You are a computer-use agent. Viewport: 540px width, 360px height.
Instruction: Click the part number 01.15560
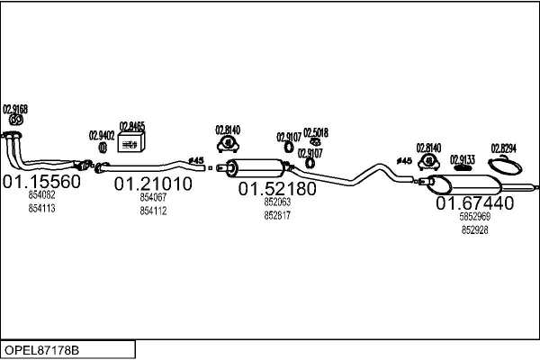point(42,182)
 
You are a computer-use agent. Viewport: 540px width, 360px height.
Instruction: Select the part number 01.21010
point(152,184)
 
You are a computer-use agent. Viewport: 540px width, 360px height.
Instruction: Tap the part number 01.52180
point(276,190)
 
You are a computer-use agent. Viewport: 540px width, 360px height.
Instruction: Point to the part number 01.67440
point(474,203)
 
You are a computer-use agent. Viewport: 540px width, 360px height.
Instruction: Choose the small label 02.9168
point(15,109)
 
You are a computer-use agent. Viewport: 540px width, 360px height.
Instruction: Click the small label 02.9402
point(101,136)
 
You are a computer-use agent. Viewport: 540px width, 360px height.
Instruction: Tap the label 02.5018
point(315,132)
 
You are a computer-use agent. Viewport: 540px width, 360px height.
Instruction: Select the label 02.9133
point(462,158)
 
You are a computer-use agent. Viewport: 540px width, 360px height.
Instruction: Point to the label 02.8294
point(503,148)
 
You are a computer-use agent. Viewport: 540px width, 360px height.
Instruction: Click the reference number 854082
point(41,195)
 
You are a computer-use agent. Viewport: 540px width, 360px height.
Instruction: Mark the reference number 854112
point(153,211)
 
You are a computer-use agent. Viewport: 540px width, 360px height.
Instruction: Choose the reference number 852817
point(276,216)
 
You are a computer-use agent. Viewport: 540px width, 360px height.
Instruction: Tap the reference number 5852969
point(475,217)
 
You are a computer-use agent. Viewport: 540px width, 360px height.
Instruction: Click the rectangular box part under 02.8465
point(132,144)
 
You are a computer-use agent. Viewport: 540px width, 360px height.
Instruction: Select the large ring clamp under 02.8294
point(508,166)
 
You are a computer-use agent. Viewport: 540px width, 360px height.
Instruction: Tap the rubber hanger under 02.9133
point(462,167)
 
